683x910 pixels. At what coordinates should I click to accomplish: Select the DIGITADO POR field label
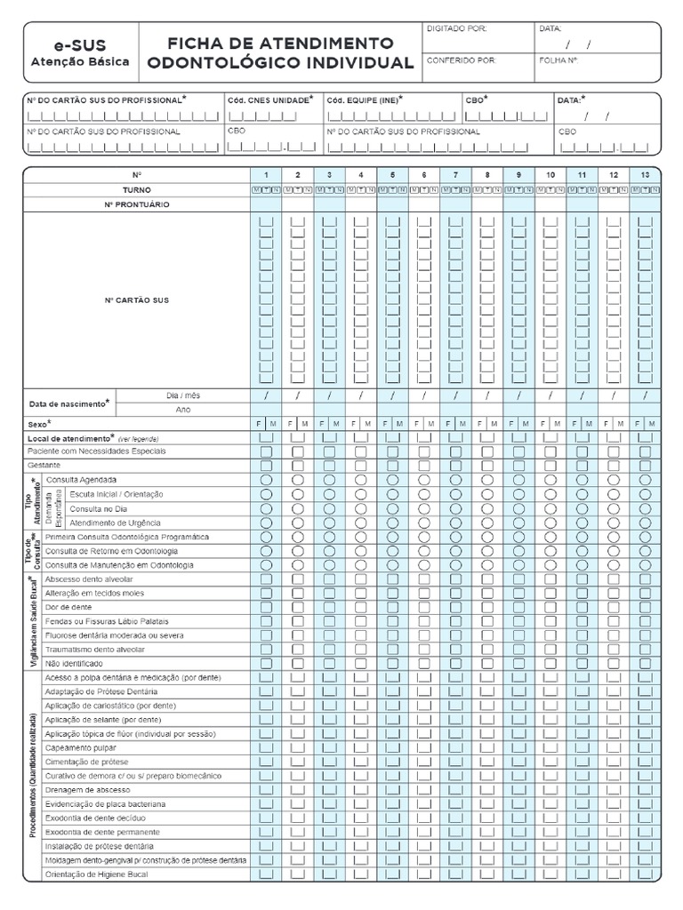tap(457, 28)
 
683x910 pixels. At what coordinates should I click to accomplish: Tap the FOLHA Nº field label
tap(558, 61)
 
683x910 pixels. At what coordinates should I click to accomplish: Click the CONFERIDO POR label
tap(461, 61)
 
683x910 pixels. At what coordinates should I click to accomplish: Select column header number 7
tap(455, 175)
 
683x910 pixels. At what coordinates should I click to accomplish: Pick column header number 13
tap(645, 175)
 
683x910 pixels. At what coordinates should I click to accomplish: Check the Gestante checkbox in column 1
tap(266, 466)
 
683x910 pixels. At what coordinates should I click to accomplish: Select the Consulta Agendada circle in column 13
tap(645, 480)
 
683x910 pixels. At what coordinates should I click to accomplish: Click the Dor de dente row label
tap(68, 607)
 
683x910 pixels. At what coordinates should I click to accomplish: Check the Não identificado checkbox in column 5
tap(392, 663)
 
